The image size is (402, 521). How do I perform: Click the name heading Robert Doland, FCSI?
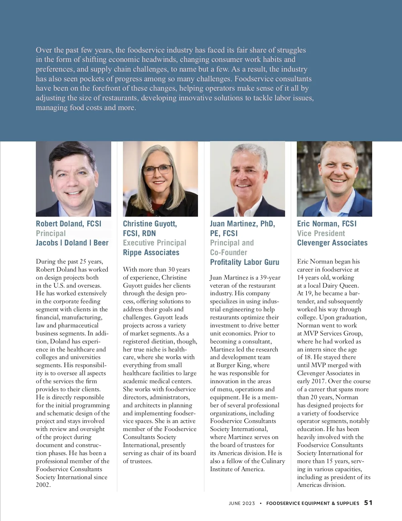coord(68,224)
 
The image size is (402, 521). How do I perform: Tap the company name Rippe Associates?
coord(151,252)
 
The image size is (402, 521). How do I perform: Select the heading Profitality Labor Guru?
coord(245,262)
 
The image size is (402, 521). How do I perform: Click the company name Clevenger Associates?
coord(332,243)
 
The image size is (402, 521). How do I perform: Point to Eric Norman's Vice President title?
coord(321,233)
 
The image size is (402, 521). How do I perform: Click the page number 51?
coord(368,503)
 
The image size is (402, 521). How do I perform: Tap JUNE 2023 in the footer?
coord(242,503)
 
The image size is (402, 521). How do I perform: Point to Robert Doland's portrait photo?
coord(73,179)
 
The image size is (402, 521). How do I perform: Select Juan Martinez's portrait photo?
coord(247,179)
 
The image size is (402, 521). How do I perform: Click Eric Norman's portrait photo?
coord(334,179)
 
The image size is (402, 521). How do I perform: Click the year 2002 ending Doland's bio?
coord(43,485)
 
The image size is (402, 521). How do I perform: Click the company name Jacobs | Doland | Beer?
coord(72,243)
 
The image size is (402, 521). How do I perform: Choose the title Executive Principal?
coord(154,243)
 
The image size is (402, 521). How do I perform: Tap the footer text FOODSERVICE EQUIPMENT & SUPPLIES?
coord(313,503)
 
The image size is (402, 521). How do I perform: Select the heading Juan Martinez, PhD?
coord(242,224)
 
